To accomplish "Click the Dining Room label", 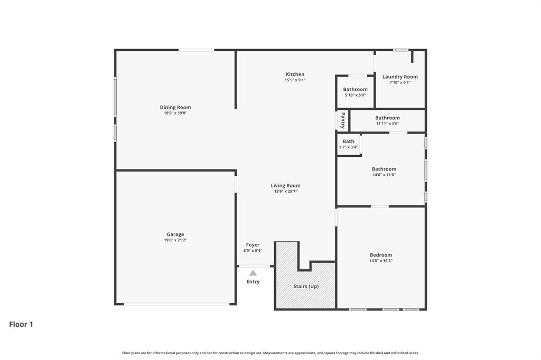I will click(175, 107).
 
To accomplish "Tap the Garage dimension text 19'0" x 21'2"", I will click(175, 240).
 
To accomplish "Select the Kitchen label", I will click(295, 74).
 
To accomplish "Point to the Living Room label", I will click(285, 186).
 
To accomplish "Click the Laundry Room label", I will click(400, 77).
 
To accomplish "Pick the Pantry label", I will click(342, 120).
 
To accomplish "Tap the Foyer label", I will click(253, 245).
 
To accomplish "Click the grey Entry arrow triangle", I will click(253, 273).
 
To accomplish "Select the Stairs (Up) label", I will click(306, 286).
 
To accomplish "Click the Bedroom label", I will click(381, 255).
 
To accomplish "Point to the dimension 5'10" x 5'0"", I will click(355, 95).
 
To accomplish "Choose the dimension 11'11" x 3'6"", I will click(387, 124).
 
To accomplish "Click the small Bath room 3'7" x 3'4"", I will click(349, 144).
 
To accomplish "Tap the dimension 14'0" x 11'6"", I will click(384, 175).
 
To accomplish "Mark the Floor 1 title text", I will click(21, 325).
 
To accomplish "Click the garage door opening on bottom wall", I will click(176, 304).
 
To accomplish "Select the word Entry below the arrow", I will click(253, 282).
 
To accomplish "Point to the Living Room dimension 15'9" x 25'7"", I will click(285, 192).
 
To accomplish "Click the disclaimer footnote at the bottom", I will click(270, 353).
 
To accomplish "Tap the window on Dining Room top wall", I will click(196, 50).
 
